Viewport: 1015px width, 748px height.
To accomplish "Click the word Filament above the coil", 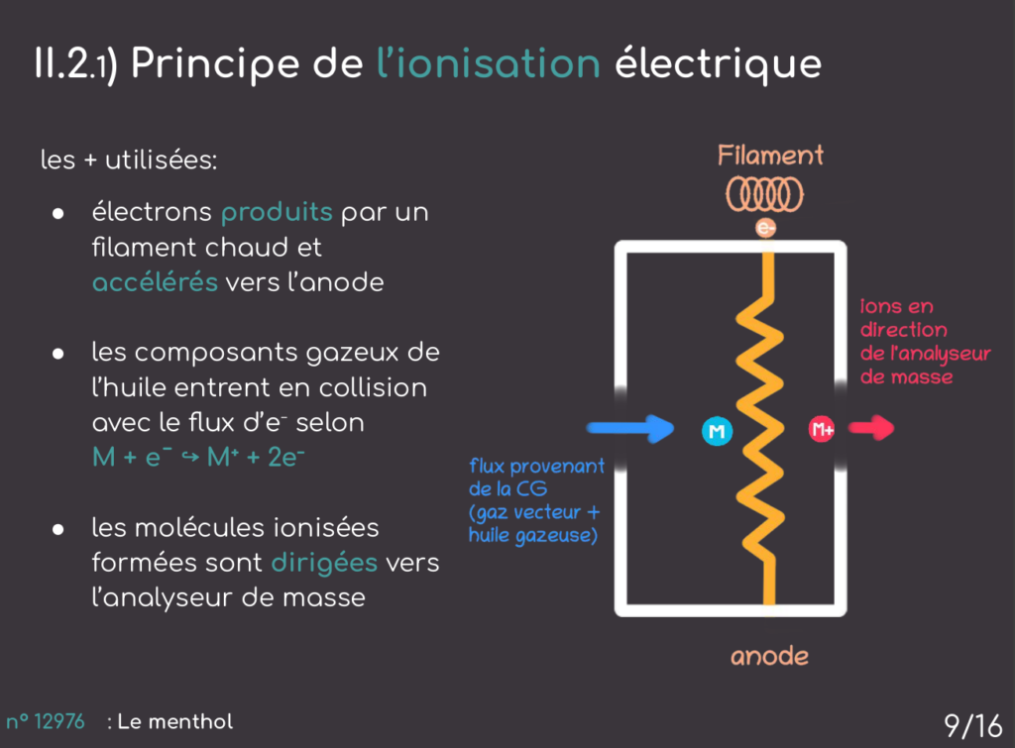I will tap(770, 156).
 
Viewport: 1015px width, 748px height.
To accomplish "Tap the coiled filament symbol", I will tap(765, 194).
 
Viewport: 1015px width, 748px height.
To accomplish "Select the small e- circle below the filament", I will tap(765, 228).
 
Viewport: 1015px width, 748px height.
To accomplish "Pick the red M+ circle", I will tap(822, 430).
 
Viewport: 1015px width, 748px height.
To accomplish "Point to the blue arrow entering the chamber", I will tap(630, 428).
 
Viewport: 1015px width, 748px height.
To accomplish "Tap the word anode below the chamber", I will tap(769, 656).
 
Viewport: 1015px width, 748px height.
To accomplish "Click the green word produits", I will tap(276, 212).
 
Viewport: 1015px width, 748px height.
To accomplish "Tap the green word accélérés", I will tap(155, 281).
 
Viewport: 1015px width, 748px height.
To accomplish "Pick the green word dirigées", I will tap(324, 563).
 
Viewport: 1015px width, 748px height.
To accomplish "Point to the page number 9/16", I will tap(972, 725).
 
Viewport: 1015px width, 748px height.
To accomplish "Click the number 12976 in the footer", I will tap(59, 721).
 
